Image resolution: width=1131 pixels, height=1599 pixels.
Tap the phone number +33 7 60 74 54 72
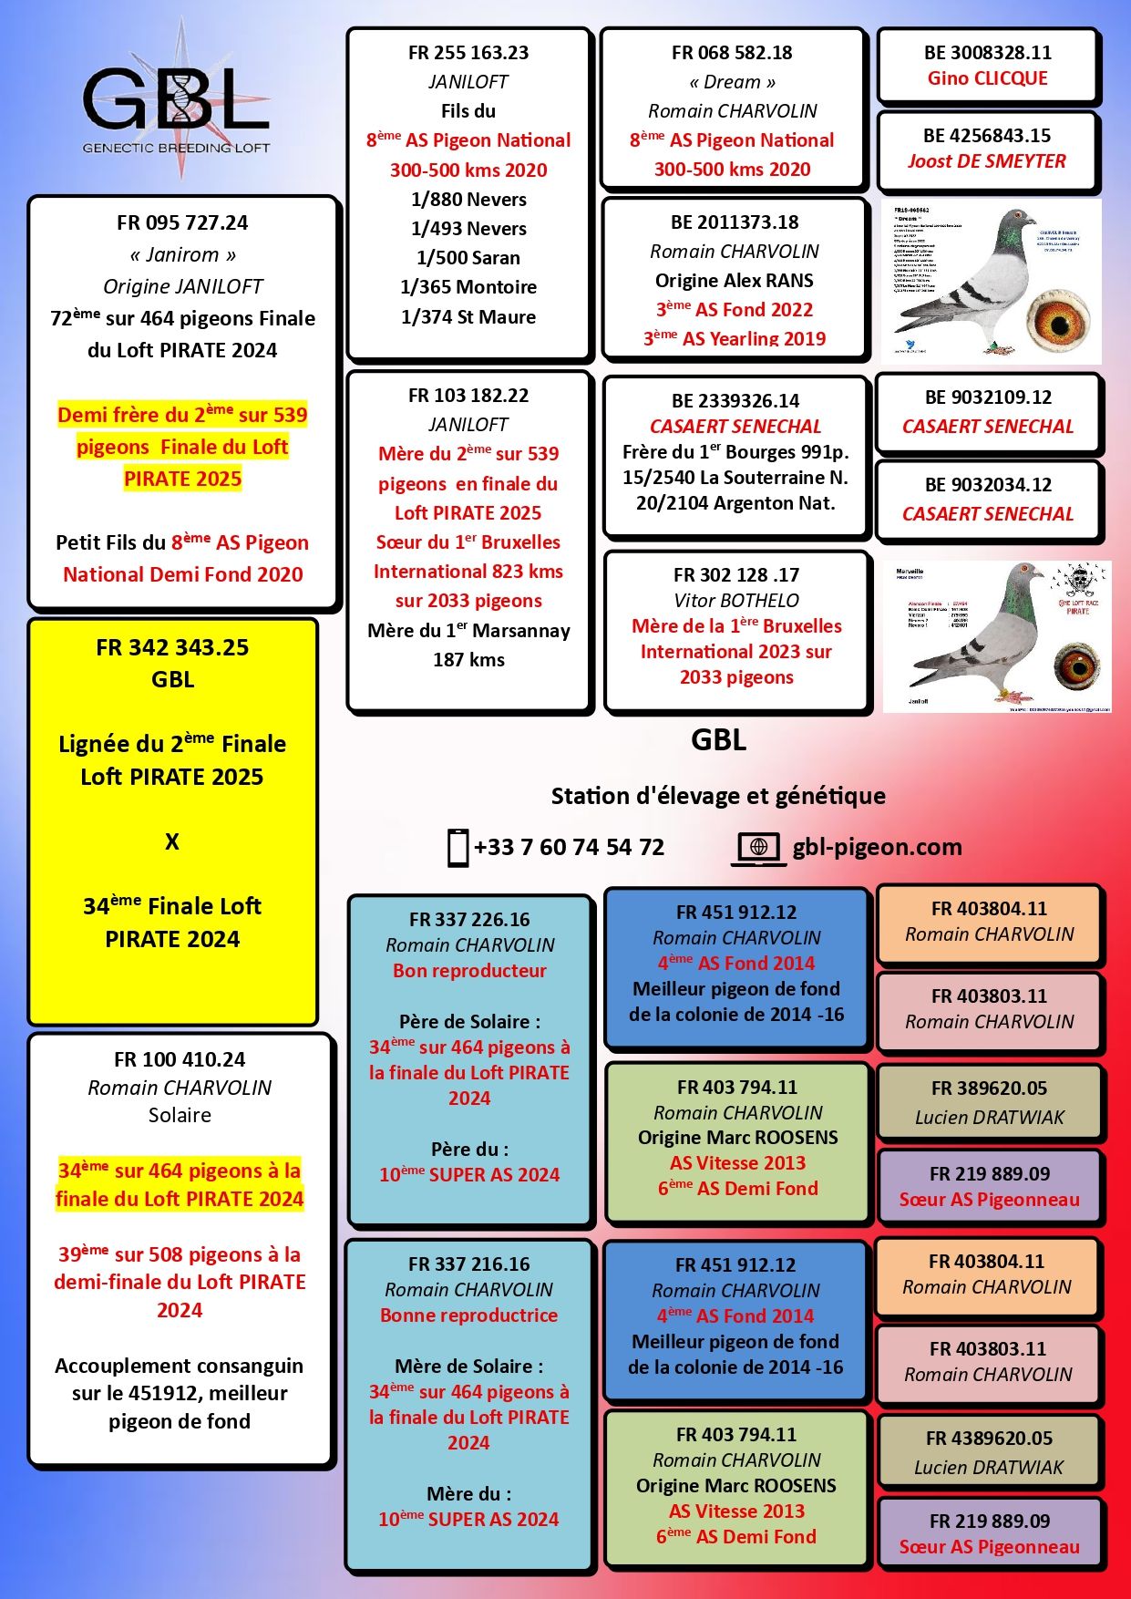tap(569, 847)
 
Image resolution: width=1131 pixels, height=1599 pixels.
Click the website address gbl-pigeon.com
tap(877, 847)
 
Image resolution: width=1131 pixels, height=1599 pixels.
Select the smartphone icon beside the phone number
tap(458, 847)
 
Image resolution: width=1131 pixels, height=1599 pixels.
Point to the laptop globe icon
tap(758, 848)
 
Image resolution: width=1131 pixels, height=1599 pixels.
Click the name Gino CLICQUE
tap(987, 78)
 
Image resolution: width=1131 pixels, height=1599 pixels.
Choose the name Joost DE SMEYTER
tap(987, 161)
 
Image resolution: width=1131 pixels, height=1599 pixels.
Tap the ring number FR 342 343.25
tap(172, 647)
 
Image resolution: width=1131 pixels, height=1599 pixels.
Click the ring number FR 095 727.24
tap(182, 222)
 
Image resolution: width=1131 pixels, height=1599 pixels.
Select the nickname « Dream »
tap(732, 82)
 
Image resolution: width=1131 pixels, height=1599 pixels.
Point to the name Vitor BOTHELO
tap(735, 600)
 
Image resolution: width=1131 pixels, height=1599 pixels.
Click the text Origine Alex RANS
tap(734, 280)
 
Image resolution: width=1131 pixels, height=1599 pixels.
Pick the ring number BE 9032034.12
tap(988, 484)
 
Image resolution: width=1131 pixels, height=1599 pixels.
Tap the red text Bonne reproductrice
tap(468, 1315)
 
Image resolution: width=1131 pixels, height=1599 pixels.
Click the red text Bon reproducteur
tap(469, 970)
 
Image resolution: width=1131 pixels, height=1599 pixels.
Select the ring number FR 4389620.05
tap(989, 1438)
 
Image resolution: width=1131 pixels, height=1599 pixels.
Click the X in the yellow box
tap(172, 841)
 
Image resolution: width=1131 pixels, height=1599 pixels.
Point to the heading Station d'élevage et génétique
tap(718, 796)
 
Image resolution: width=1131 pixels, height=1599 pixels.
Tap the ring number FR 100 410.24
tap(180, 1059)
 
